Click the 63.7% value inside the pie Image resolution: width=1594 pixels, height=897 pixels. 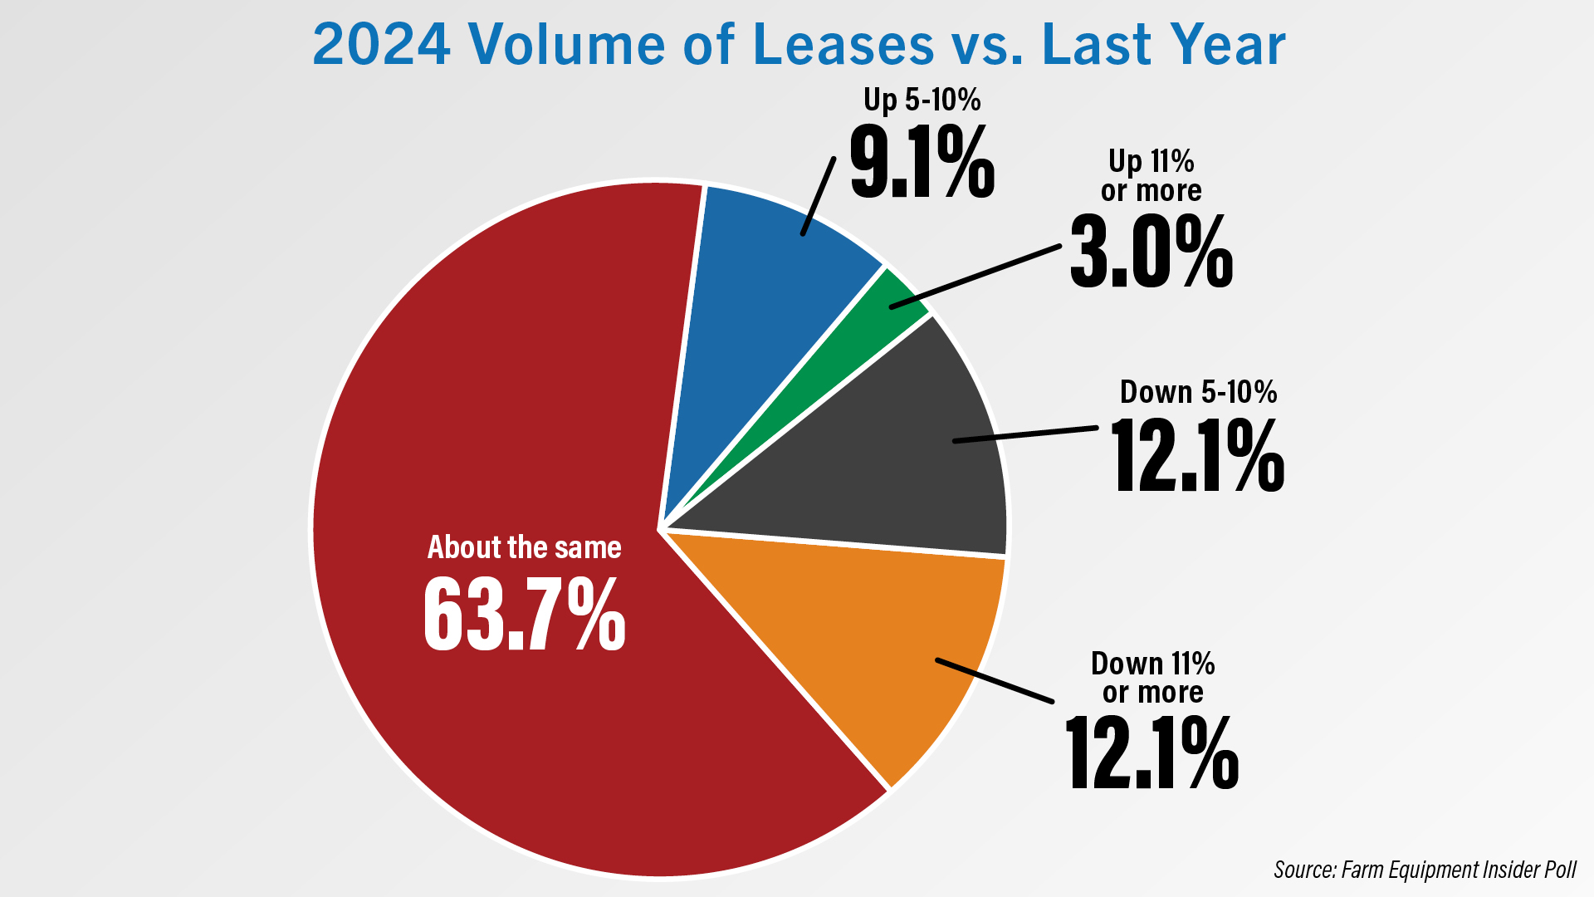(x=525, y=615)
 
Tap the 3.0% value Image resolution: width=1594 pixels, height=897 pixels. (x=1151, y=252)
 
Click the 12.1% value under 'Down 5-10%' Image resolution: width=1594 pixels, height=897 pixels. (x=1197, y=456)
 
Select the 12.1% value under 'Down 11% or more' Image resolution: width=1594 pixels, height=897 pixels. (x=1152, y=753)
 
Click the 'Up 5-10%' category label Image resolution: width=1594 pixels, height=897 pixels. (x=922, y=100)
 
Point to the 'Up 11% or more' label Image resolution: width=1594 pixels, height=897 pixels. (x=1151, y=175)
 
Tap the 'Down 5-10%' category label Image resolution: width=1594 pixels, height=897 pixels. (x=1198, y=392)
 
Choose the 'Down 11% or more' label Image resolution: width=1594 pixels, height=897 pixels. (x=1152, y=678)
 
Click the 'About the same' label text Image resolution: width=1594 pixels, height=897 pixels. (x=524, y=547)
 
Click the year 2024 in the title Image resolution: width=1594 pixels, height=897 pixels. (x=382, y=45)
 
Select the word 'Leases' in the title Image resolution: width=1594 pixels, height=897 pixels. (x=843, y=45)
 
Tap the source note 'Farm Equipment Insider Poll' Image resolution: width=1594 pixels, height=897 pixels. (x=1459, y=870)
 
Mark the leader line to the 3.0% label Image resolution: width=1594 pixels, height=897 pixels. (x=975, y=277)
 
